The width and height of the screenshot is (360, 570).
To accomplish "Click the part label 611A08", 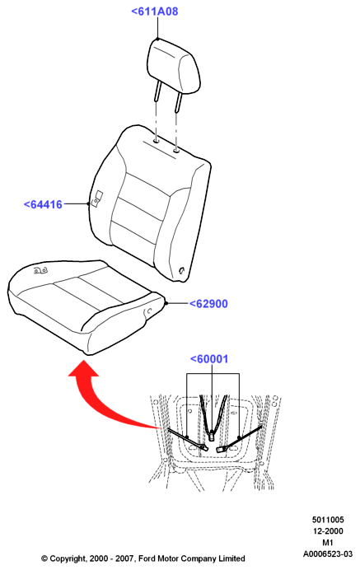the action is pyautogui.click(x=155, y=12).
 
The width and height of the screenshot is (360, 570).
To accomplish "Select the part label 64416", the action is pyautogui.click(x=43, y=204).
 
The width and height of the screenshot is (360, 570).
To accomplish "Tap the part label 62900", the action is pyautogui.click(x=208, y=304).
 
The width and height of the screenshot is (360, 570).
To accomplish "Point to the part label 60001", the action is pyautogui.click(x=209, y=359).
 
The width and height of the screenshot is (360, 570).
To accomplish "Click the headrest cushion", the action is pyautogui.click(x=174, y=66).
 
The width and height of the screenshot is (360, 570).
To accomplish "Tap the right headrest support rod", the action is pyautogui.click(x=178, y=102).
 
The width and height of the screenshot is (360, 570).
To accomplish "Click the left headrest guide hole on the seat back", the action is pyautogui.click(x=157, y=142).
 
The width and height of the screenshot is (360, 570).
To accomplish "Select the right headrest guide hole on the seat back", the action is pyautogui.click(x=176, y=150).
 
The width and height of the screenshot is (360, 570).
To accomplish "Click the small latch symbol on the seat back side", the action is pyautogui.click(x=96, y=199).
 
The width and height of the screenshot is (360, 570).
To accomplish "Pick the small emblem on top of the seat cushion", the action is pyautogui.click(x=40, y=270).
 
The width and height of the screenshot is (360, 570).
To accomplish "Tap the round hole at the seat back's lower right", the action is pyautogui.click(x=182, y=270).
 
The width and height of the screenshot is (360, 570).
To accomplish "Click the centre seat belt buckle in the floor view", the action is pyautogui.click(x=211, y=435).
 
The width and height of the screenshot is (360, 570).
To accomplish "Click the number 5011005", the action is pyautogui.click(x=328, y=520).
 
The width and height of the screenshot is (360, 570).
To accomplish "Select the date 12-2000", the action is pyautogui.click(x=328, y=531).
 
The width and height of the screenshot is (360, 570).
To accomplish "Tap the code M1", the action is pyautogui.click(x=328, y=543).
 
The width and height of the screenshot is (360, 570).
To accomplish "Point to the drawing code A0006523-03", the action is pyautogui.click(x=328, y=554).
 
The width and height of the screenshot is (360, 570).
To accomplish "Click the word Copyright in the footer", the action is pyautogui.click(x=68, y=558).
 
